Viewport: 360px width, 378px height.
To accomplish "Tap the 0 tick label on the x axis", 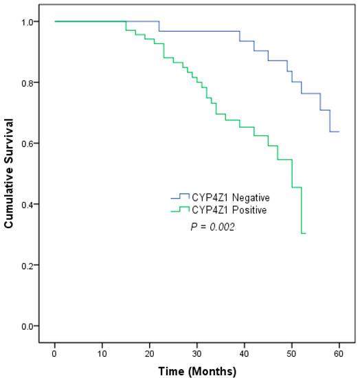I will pyautogui.click(x=55, y=353).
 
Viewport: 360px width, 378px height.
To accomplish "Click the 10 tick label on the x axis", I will pyautogui.click(x=102, y=353).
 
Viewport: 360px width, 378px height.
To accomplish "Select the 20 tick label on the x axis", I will pyautogui.click(x=150, y=353).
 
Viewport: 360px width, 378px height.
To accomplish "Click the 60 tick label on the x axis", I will pyautogui.click(x=339, y=353).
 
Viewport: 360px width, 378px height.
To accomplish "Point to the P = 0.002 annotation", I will pyautogui.click(x=213, y=226).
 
